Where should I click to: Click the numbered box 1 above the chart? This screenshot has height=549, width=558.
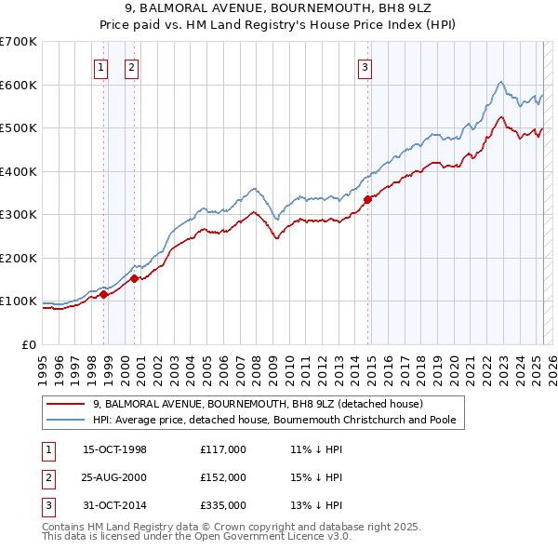tap(100, 66)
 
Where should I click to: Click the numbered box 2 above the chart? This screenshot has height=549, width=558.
tap(131, 66)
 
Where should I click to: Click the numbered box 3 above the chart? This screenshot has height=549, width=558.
tap(365, 66)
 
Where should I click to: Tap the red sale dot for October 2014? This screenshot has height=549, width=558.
tap(368, 198)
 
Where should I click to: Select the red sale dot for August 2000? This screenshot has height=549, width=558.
tap(135, 277)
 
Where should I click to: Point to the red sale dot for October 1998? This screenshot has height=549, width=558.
tap(104, 294)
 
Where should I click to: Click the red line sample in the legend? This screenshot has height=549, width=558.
tap(65, 405)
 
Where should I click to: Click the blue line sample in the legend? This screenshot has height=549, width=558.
tap(65, 420)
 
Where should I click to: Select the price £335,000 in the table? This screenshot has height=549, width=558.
tap(223, 505)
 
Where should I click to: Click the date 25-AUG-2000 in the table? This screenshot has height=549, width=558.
tap(114, 477)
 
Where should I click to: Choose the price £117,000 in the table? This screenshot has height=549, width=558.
tap(223, 449)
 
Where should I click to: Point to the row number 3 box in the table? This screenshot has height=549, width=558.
tap(46, 505)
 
